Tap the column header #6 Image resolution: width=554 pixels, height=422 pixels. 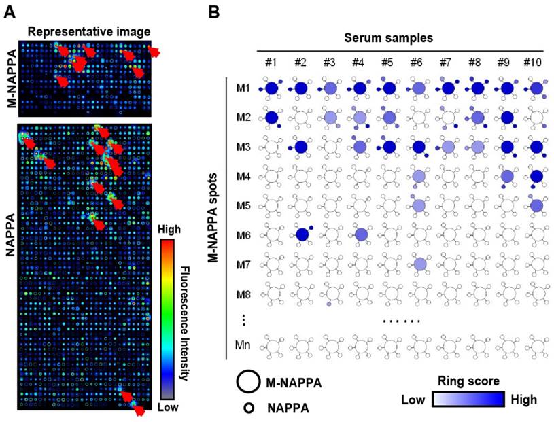tap(417, 63)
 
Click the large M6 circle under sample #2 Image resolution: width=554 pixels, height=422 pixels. tap(302, 234)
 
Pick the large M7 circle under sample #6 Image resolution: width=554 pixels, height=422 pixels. tap(419, 263)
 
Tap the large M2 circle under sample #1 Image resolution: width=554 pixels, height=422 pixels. tap(272, 118)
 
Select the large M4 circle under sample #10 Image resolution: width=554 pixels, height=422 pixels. tap(536, 176)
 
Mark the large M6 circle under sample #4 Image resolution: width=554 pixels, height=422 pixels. tap(360, 234)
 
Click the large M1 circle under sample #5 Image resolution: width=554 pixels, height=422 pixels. tap(389, 88)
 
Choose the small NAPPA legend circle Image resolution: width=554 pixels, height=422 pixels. tap(249, 408)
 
